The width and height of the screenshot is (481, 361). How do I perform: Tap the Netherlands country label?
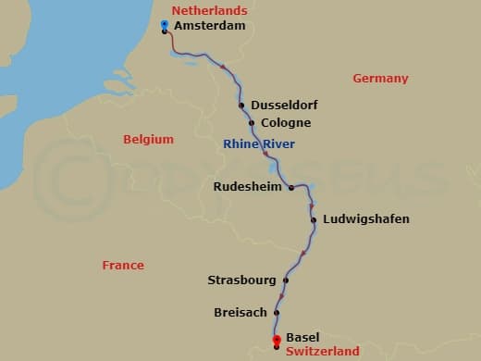pyautogui.click(x=209, y=10)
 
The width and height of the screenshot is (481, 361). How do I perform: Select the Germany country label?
pyautogui.click(x=380, y=79)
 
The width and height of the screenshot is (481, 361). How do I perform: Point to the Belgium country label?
pyautogui.click(x=148, y=139)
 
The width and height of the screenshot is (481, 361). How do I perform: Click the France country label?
pyautogui.click(x=123, y=266)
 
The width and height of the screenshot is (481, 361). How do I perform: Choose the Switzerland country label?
pyautogui.click(x=323, y=352)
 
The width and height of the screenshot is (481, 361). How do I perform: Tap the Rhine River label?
pyautogui.click(x=259, y=143)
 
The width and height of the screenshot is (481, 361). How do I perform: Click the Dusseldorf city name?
pyautogui.click(x=283, y=106)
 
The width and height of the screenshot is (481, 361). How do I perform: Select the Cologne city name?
pyautogui.click(x=286, y=123)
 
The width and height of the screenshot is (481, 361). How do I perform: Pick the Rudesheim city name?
pyautogui.click(x=248, y=186)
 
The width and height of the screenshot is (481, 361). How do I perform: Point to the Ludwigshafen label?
pyautogui.click(x=365, y=219)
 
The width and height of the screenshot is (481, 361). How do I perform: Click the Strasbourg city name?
pyautogui.click(x=241, y=280)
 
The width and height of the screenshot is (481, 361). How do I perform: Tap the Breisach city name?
pyautogui.click(x=240, y=312)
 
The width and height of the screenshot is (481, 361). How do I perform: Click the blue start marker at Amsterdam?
pyautogui.click(x=164, y=23)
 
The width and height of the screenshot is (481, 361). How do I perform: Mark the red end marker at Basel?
pyautogui.click(x=276, y=341)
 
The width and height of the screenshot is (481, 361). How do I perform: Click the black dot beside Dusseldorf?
pyautogui.click(x=241, y=106)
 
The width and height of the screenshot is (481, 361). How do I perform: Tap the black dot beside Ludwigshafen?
pyautogui.click(x=314, y=219)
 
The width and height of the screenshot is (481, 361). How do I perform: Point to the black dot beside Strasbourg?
pyautogui.click(x=286, y=280)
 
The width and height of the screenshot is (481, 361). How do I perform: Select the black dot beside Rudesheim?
pyautogui.click(x=290, y=187)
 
